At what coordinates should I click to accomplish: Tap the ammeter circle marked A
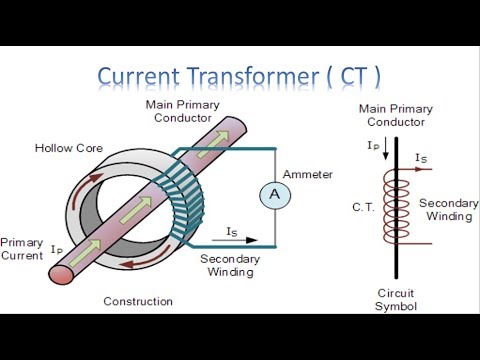coord(271,197)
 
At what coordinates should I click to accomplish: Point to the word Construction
coord(138,301)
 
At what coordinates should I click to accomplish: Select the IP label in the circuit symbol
coord(372,148)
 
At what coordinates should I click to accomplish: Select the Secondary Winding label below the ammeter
coord(231,265)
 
